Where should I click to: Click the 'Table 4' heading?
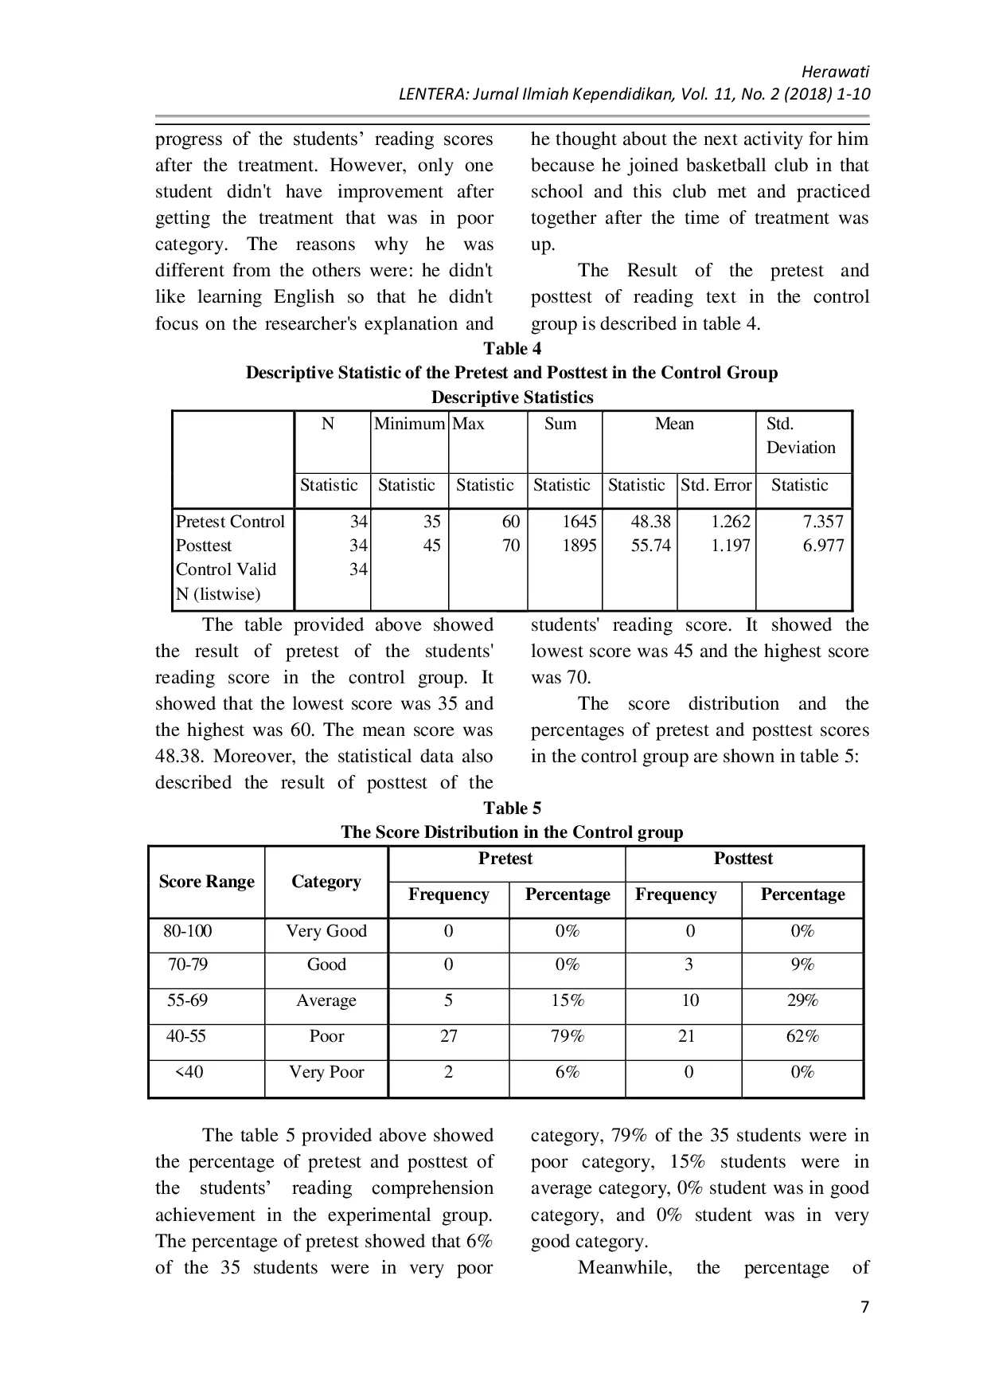point(512,349)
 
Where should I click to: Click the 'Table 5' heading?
point(512,808)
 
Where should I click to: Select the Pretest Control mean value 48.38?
point(650,522)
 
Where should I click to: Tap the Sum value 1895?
point(579,546)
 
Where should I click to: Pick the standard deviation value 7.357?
point(822,522)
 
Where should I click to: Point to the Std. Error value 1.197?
point(730,546)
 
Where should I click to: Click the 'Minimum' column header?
point(409,424)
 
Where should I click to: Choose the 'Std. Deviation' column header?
point(800,436)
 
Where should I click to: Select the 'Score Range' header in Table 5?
point(206,882)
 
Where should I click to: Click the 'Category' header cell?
point(326,882)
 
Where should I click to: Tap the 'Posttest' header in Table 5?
point(743,859)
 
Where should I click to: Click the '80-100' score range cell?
point(188,931)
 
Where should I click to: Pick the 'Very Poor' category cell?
point(326,1072)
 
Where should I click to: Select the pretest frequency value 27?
point(449,1036)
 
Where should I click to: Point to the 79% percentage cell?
point(568,1036)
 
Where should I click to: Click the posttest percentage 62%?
point(802,1036)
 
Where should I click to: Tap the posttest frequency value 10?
point(689,1000)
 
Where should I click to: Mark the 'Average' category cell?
point(326,1000)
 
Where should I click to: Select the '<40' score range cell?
point(189,1072)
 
